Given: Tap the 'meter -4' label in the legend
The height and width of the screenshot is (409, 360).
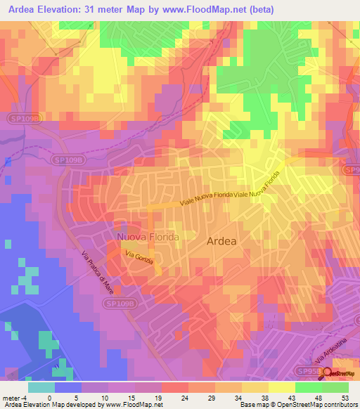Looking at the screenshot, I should (14, 396).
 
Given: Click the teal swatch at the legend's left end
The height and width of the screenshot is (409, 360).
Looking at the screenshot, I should (41, 387).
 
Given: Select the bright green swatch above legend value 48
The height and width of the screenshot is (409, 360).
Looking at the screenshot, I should (308, 387).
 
